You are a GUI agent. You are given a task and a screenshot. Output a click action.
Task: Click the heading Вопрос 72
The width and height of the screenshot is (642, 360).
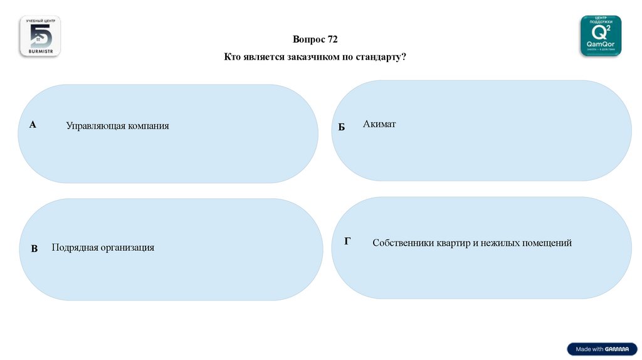point(315,40)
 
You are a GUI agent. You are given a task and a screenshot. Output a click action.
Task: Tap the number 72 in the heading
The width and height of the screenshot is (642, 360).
point(332,40)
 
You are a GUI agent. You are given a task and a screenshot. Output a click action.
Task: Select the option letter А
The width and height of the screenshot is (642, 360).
point(33,125)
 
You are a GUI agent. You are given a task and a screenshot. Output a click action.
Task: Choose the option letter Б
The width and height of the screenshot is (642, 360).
point(342,127)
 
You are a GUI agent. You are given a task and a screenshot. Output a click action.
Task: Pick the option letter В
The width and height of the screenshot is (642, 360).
point(34,249)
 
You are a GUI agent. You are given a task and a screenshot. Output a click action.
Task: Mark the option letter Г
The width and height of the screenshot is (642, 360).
point(347,241)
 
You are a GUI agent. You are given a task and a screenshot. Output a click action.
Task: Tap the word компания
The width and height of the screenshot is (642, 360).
point(149,126)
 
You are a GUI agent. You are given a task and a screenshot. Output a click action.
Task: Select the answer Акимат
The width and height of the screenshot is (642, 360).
point(379,124)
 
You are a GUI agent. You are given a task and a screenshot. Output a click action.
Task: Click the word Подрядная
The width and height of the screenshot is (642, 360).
point(75,248)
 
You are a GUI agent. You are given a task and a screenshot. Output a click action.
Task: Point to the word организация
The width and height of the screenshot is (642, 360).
point(127,248)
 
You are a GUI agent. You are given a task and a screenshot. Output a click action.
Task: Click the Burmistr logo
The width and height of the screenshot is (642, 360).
point(39,36)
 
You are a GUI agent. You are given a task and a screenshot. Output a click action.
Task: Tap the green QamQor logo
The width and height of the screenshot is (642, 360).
point(601,36)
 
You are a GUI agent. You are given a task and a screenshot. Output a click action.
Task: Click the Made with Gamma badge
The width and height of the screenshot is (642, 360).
point(602,349)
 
